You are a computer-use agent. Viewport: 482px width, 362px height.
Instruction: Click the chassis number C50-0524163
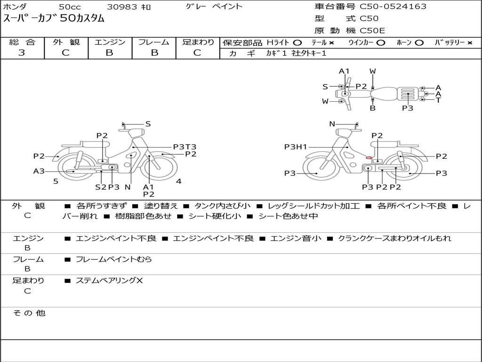tap(393, 7)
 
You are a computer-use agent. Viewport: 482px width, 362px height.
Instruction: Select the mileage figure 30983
tap(122, 7)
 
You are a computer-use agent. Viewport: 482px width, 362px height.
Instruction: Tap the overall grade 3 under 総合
tap(22, 53)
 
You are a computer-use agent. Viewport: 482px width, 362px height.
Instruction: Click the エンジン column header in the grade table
tap(110, 42)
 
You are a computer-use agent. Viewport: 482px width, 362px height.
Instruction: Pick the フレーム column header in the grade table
tap(154, 42)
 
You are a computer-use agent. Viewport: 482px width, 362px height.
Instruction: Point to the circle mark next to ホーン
tap(419, 43)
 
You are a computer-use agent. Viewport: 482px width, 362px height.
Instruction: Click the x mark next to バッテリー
tap(470, 43)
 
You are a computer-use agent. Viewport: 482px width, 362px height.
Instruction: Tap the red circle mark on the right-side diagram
tap(369, 157)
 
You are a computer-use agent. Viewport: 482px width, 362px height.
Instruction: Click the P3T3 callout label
tap(185, 147)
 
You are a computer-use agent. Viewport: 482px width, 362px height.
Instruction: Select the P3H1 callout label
tap(296, 147)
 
